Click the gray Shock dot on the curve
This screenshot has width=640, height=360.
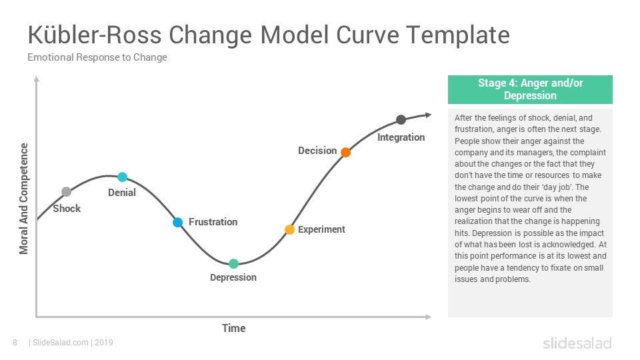pos(66,192)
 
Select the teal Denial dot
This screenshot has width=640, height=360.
pos(123,177)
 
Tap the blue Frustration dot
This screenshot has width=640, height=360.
pos(177,223)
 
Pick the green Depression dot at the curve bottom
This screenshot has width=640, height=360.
pos(233,264)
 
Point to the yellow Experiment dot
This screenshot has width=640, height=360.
pos(289,230)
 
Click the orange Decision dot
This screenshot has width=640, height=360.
pos(346,152)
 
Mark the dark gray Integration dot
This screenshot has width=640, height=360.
pos(401,119)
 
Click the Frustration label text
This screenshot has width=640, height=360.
pos(213,222)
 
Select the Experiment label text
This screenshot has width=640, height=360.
pos(321,229)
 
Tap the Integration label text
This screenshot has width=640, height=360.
pos(401,137)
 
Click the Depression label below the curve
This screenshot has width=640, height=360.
pos(233,277)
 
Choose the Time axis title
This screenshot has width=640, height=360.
pos(234,328)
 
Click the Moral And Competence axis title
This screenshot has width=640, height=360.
pos(24,199)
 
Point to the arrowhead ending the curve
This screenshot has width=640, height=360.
pos(428,115)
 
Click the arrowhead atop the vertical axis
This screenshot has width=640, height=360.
pos(36,79)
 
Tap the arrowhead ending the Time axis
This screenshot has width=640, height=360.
pos(428,317)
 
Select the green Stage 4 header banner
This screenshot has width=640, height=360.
pos(530,89)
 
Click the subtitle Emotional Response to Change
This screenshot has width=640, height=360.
pos(97,57)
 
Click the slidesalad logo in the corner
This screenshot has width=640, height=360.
pos(577,343)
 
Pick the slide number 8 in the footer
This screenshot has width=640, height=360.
pos(15,343)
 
